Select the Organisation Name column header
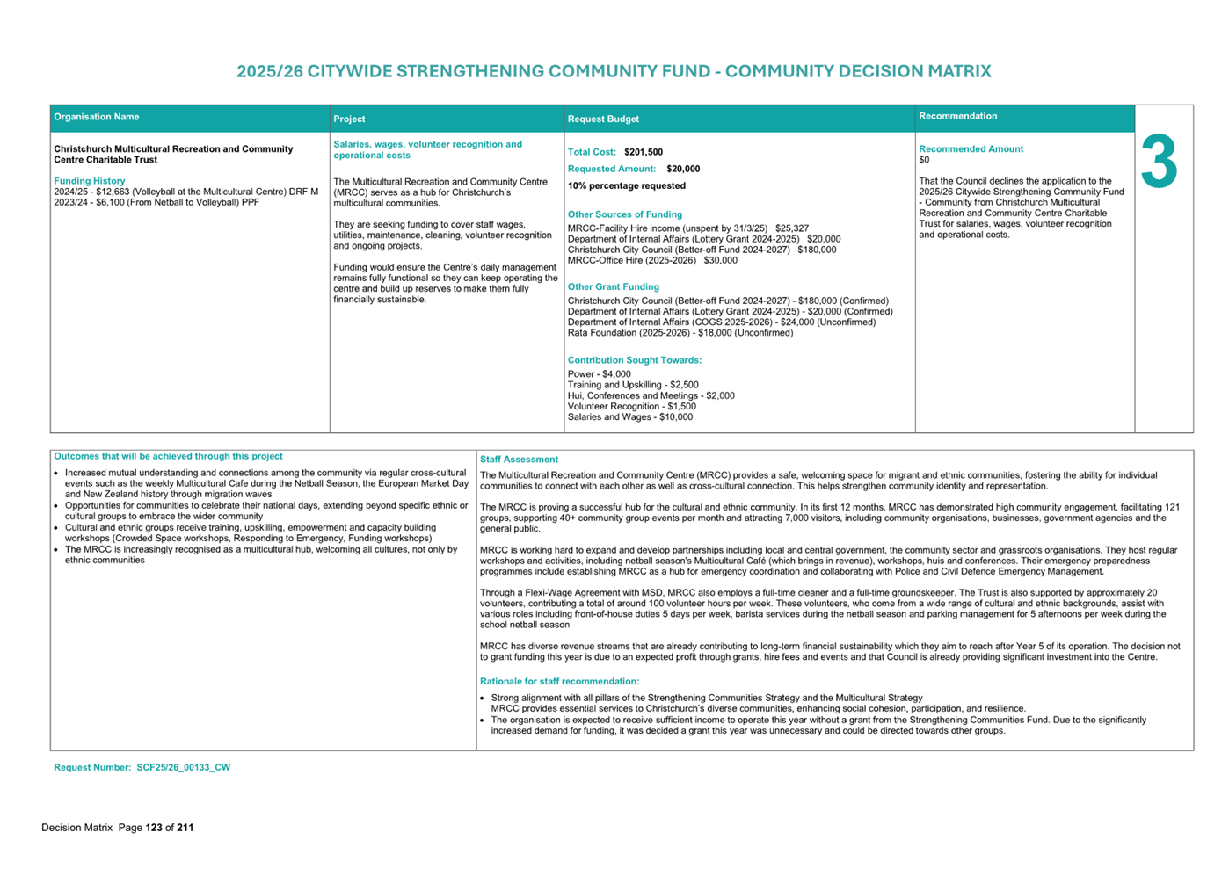(97, 117)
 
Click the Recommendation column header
(957, 116)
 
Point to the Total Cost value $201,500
(644, 152)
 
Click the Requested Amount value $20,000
(683, 169)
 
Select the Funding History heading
(90, 181)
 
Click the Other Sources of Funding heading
(624, 214)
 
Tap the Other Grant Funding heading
(613, 286)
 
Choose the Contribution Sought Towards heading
(634, 360)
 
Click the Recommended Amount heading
(971, 149)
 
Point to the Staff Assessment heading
(519, 460)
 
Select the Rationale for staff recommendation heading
(559, 681)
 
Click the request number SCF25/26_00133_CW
(183, 767)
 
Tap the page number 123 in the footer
(154, 828)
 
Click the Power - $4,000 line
(599, 374)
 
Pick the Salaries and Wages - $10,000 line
(629, 417)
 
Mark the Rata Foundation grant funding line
(680, 333)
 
